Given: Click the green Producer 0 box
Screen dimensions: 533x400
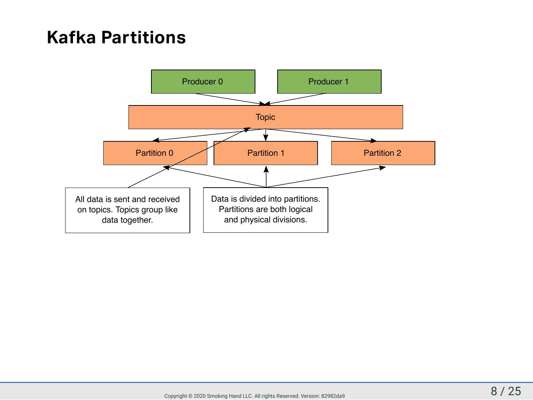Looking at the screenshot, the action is (x=203, y=81).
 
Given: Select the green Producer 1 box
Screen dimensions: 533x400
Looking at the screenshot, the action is (x=329, y=81).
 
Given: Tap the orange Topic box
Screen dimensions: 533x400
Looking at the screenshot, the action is (x=266, y=117).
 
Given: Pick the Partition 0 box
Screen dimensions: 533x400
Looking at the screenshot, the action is (x=155, y=153).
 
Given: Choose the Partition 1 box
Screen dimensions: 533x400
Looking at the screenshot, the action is (x=266, y=153).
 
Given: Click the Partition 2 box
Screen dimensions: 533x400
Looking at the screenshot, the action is (x=383, y=153).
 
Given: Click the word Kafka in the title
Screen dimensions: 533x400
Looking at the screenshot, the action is (x=71, y=37).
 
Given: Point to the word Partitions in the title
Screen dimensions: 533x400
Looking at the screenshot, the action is (x=144, y=37).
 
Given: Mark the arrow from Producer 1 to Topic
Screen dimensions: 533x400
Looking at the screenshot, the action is (x=295, y=99).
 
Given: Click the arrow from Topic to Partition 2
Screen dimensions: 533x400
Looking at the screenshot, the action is (x=321, y=135).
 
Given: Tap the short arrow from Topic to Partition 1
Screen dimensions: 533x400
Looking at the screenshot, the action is (x=266, y=135).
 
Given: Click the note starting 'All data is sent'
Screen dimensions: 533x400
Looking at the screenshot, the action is (x=127, y=210).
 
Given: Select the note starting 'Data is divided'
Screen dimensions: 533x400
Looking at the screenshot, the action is (x=266, y=210).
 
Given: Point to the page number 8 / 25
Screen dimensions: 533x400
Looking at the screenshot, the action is (x=506, y=391).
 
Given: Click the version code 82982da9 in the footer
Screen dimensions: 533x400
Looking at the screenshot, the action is (x=333, y=396).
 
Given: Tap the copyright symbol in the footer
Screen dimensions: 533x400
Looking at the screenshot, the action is (x=190, y=396).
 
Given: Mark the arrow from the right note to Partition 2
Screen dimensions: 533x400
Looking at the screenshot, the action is (x=326, y=177).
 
